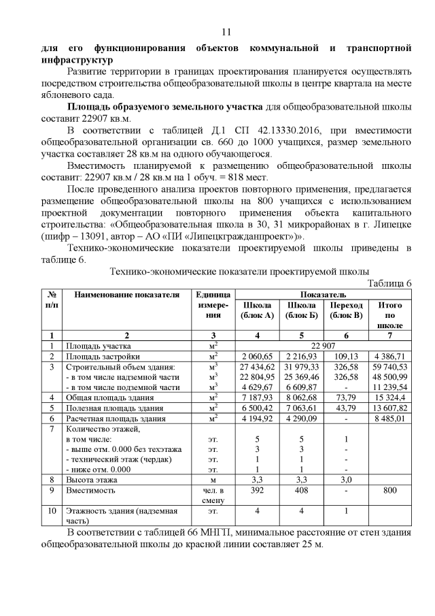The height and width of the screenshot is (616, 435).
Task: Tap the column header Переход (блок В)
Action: [347, 310]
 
